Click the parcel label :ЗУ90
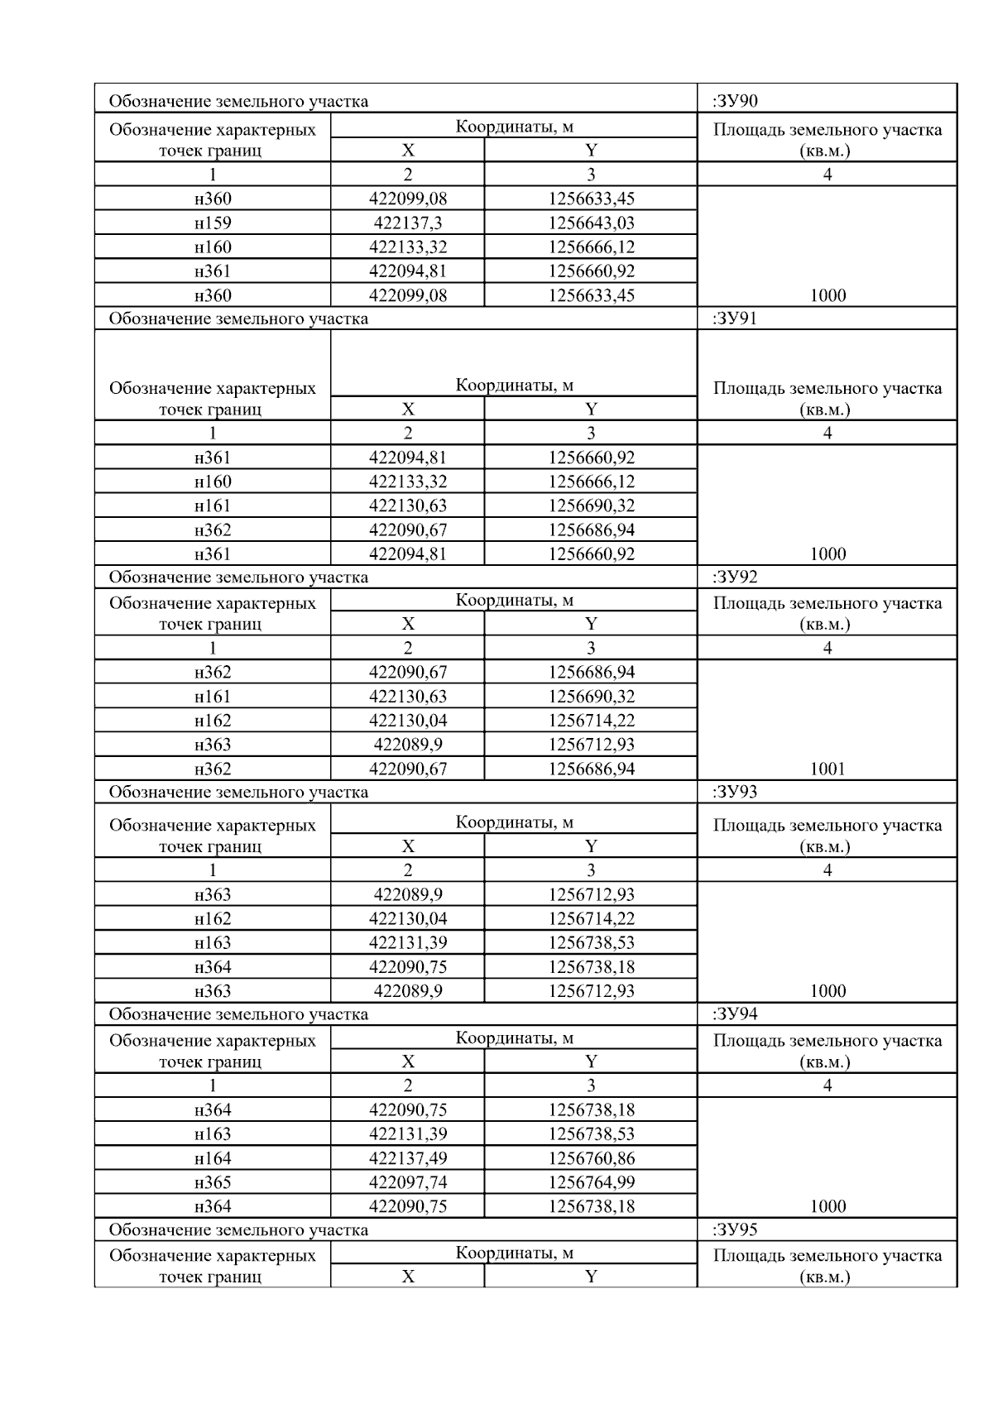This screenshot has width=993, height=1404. click(735, 102)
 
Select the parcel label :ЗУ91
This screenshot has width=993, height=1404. click(735, 319)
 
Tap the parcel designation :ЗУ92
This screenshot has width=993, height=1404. click(735, 577)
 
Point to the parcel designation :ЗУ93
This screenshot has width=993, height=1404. click(735, 792)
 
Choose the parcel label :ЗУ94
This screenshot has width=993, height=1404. click(735, 1014)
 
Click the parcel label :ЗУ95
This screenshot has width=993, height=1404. click(735, 1229)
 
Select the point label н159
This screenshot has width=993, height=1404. click(213, 223)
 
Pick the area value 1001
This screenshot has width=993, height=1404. click(827, 769)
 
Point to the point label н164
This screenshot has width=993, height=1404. click(213, 1158)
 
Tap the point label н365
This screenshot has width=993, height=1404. click(213, 1182)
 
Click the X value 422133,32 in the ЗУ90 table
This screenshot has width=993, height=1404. click(408, 247)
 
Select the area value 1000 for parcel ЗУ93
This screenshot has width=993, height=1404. click(827, 991)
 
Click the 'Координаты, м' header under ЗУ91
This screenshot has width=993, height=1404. click(514, 385)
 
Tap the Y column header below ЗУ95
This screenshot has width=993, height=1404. click(591, 1277)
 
